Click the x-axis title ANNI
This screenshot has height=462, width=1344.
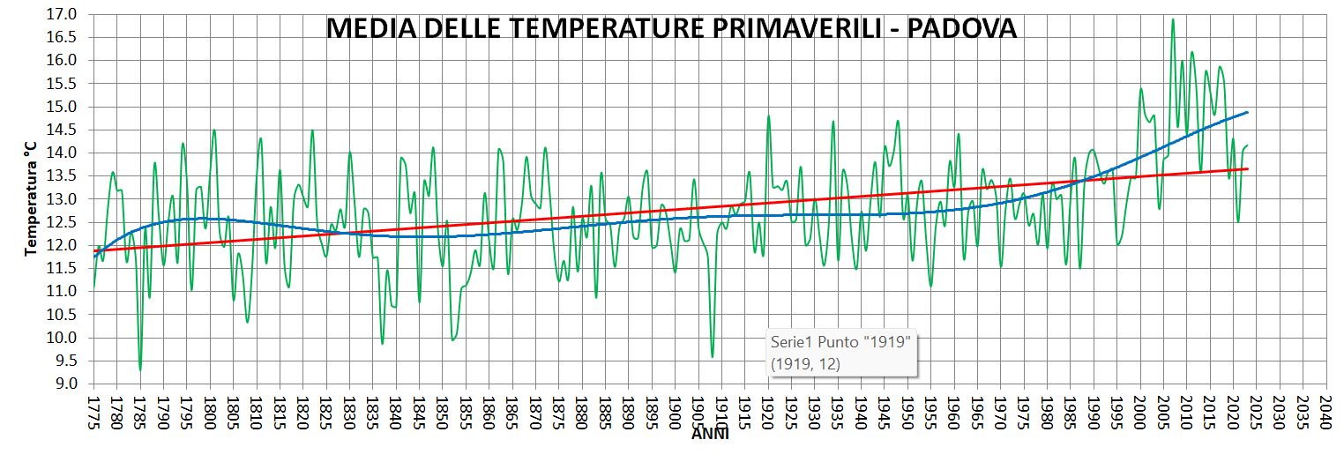click(710, 434)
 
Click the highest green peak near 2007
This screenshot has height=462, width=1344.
click(1173, 19)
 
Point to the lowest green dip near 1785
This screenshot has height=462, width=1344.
click(140, 369)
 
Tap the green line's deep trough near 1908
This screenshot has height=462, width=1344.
click(713, 356)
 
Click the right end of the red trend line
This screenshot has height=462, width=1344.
click(1248, 168)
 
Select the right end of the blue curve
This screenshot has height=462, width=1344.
click(1248, 112)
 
